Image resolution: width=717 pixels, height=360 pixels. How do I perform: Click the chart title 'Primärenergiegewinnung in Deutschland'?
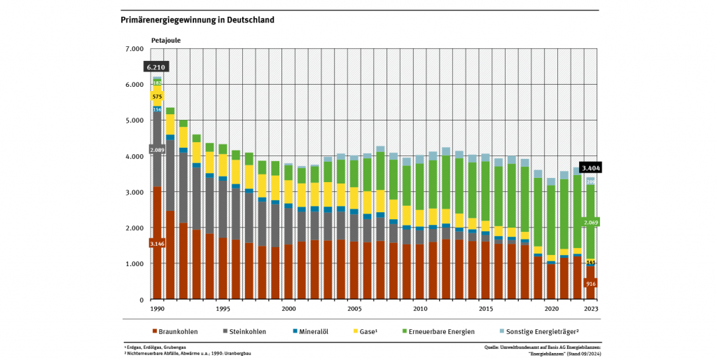tap(197, 20)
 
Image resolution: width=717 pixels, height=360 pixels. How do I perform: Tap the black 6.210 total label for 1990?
tap(156, 67)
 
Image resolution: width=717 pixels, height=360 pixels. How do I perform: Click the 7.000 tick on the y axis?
tap(134, 49)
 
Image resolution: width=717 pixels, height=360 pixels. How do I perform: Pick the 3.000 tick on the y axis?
tap(134, 192)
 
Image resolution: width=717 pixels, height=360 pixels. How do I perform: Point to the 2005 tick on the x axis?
tap(354, 308)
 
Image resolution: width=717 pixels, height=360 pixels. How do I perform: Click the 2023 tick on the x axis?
tap(592, 308)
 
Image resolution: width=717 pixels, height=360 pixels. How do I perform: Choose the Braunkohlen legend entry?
tap(174, 331)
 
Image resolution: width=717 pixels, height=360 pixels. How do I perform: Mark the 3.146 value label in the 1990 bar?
tap(157, 244)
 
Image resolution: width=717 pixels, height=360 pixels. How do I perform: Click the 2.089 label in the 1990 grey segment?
tap(157, 149)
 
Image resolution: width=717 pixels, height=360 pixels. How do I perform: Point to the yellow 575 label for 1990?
tap(157, 97)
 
